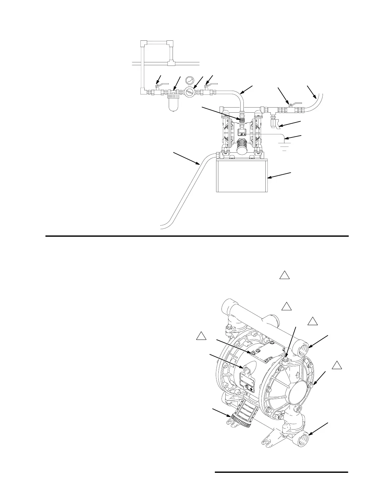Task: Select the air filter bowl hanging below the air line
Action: [x=173, y=104]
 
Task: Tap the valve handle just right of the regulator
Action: [x=211, y=85]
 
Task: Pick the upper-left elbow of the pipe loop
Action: [x=143, y=43]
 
